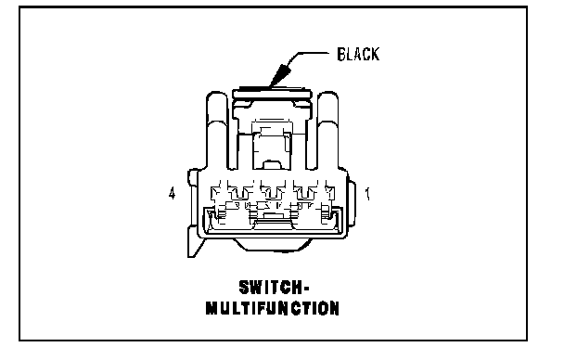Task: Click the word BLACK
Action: tap(358, 55)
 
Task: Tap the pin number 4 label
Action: tap(172, 193)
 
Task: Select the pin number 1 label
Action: tap(367, 194)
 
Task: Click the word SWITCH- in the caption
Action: tap(274, 287)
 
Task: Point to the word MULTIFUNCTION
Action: tap(273, 308)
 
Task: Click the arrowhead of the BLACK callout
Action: tap(280, 75)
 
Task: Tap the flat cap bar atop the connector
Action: tap(272, 94)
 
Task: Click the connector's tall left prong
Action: tap(218, 130)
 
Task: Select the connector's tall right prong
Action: tap(327, 130)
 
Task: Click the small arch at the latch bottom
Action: tap(273, 165)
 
